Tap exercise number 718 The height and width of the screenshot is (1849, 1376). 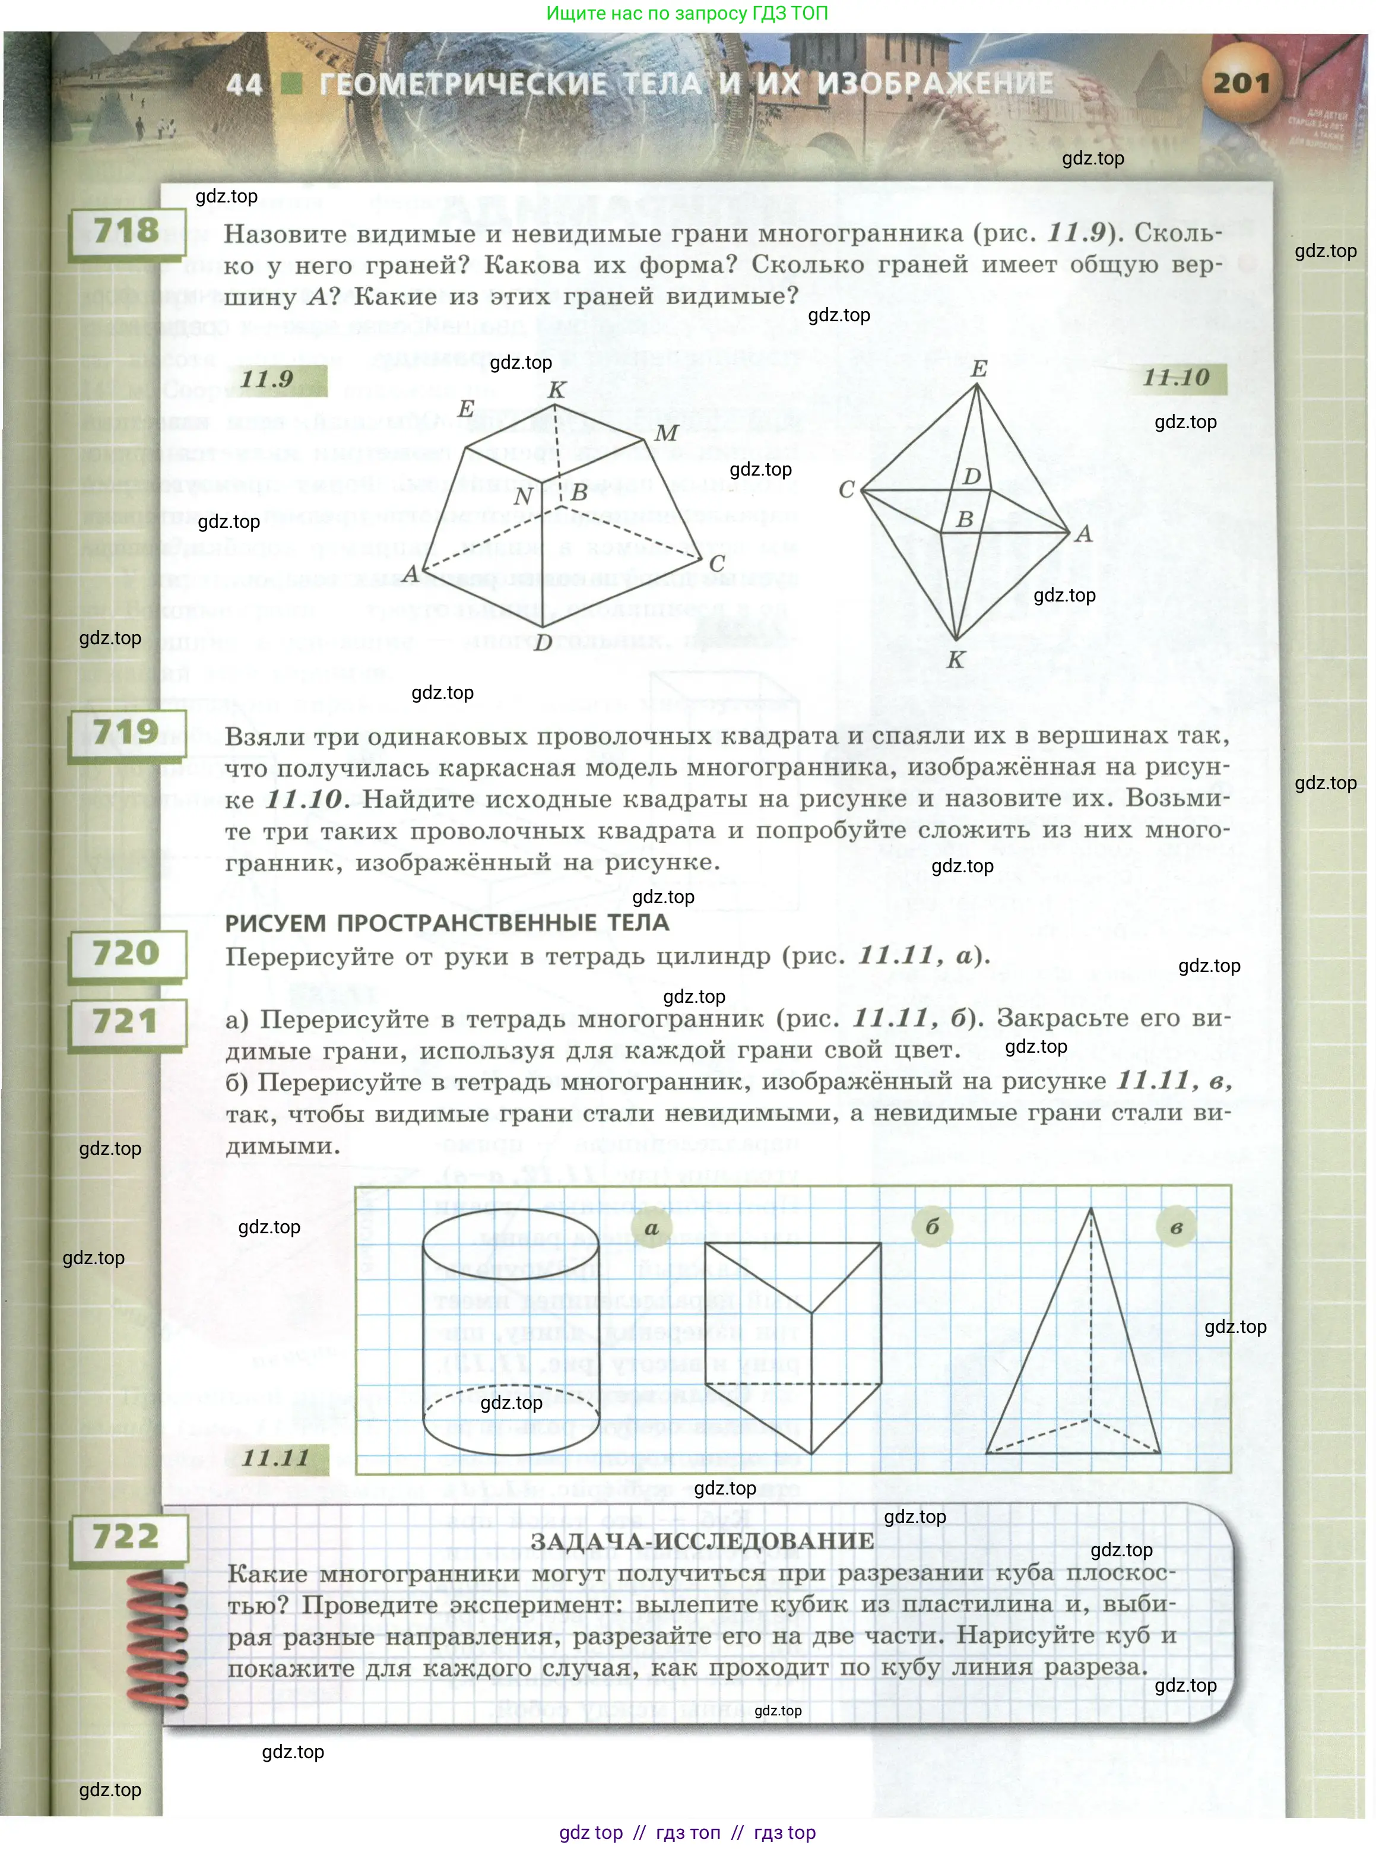pos(126,231)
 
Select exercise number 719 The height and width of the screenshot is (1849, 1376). pos(126,733)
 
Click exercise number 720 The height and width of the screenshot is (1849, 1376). pos(126,953)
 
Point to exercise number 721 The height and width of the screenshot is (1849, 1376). pos(126,1021)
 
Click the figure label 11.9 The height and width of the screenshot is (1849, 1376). pos(267,379)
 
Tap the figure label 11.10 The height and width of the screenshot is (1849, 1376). pos(1175,378)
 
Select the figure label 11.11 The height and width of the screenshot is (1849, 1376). pos(275,1458)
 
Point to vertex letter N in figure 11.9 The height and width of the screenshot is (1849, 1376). pos(522,496)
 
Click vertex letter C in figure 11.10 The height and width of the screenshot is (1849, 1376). pos(846,490)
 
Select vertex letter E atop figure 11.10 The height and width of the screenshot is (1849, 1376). pos(979,368)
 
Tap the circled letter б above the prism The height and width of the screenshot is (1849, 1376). pos(932,1227)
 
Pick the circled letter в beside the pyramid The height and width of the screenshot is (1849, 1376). pos(1176,1227)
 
